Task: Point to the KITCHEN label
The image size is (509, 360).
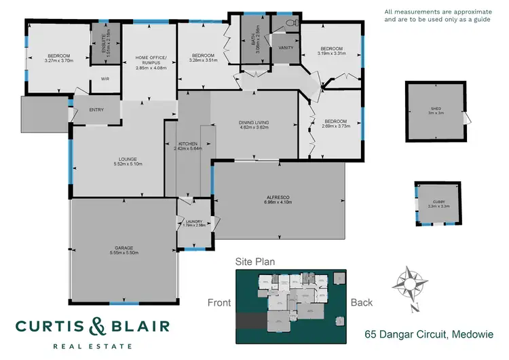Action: (x=187, y=145)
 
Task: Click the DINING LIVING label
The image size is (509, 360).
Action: (x=254, y=122)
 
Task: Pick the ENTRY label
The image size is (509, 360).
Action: (x=96, y=110)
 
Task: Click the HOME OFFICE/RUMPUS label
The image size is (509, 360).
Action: (x=151, y=59)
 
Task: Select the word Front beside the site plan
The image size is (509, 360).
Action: (x=219, y=303)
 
